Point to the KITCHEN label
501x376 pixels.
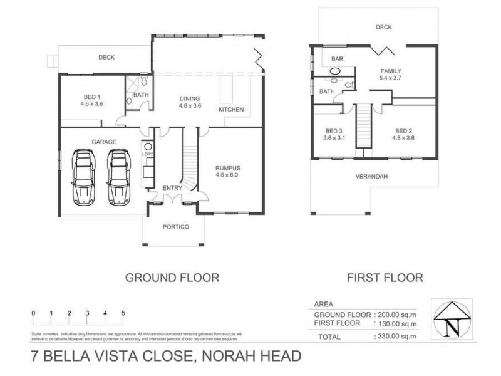tap(230, 110)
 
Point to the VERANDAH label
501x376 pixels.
tap(372, 176)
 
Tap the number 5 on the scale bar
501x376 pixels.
tap(123, 312)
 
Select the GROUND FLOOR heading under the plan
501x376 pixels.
tap(172, 276)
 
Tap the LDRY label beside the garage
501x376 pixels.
tap(147, 154)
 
